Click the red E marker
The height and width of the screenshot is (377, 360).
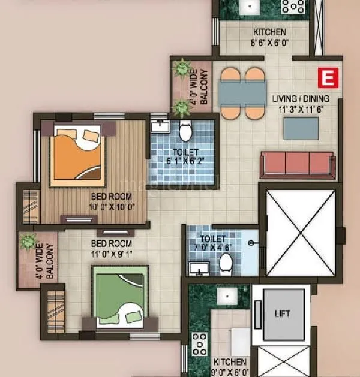(x=327, y=77)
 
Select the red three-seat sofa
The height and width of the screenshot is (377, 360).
(x=297, y=164)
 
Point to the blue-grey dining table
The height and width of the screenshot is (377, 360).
(x=242, y=93)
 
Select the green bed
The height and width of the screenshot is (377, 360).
(x=120, y=297)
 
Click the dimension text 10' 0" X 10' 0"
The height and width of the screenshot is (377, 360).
(x=112, y=207)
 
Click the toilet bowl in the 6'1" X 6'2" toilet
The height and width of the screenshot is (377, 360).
(x=185, y=129)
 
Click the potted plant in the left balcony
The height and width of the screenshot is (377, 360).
(x=28, y=243)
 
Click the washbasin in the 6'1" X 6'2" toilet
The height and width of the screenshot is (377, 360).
(x=160, y=126)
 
